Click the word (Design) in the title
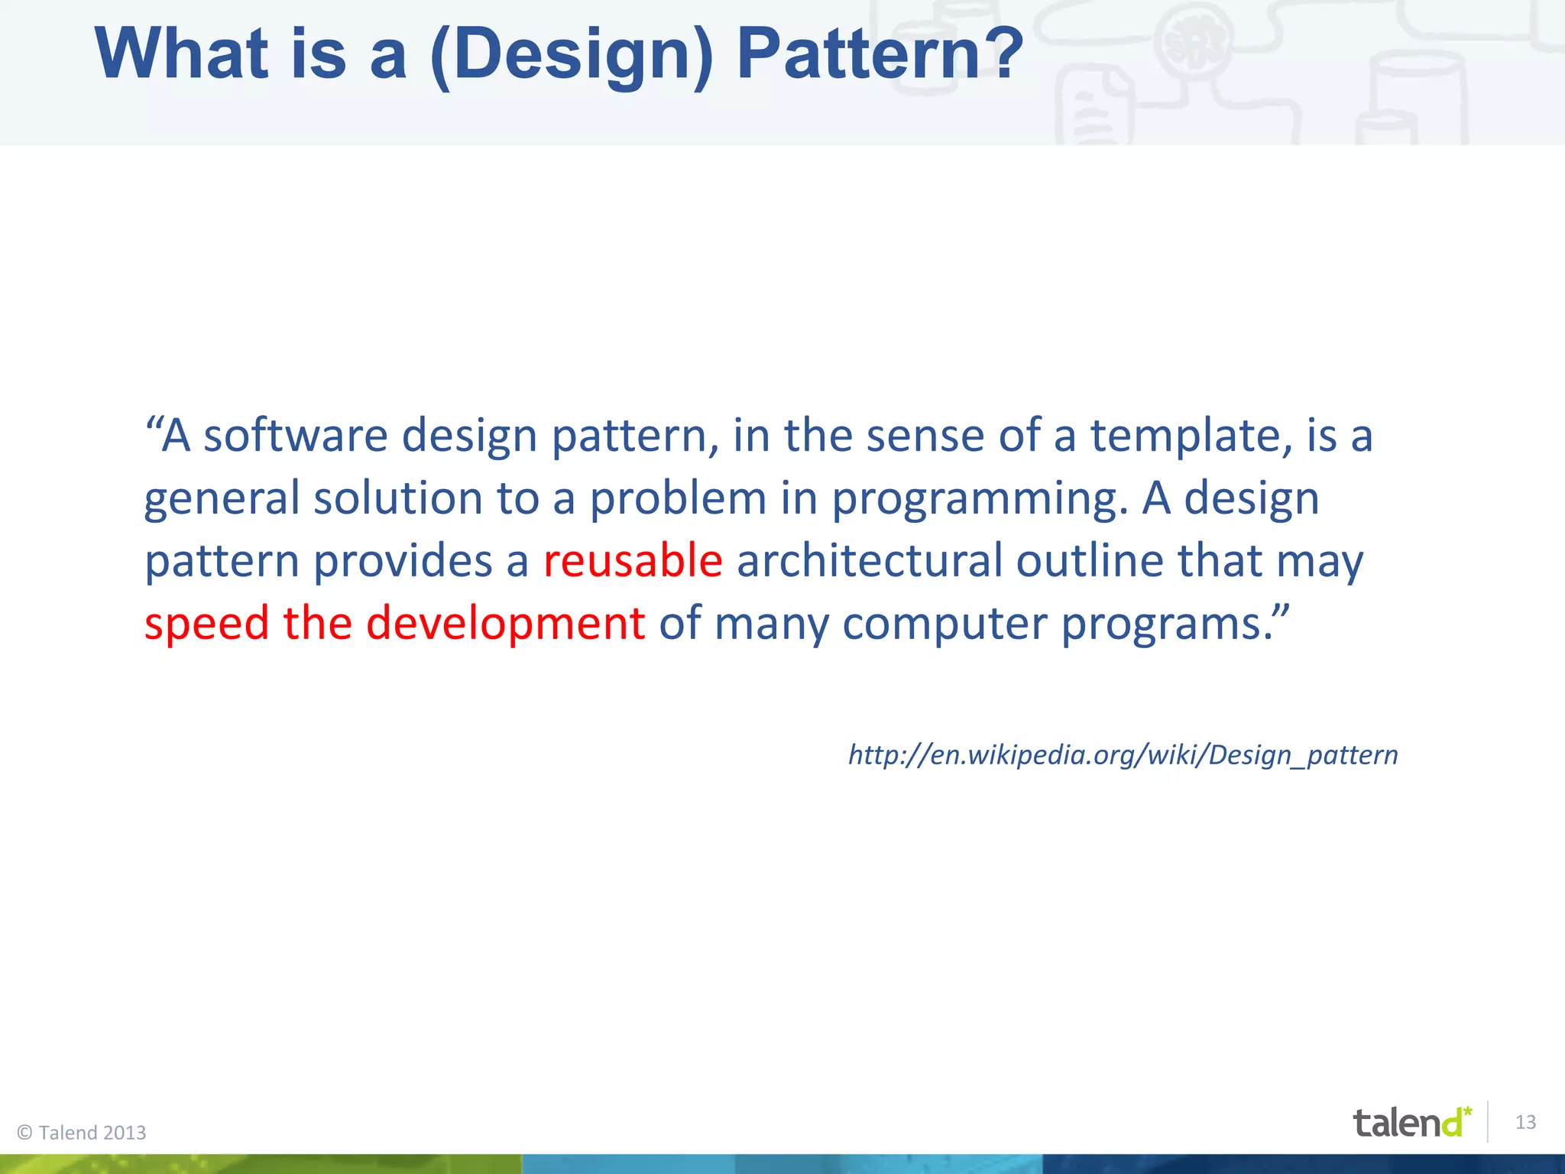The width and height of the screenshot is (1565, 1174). click(x=572, y=55)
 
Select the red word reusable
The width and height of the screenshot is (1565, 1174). click(x=633, y=560)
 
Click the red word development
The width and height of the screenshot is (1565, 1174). click(x=505, y=623)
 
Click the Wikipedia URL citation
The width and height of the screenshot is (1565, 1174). click(x=1123, y=755)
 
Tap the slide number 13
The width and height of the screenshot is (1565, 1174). click(x=1525, y=1122)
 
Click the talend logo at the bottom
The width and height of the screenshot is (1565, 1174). click(x=1410, y=1123)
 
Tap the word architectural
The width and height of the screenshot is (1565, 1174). click(x=869, y=560)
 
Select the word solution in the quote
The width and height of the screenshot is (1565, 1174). click(x=397, y=498)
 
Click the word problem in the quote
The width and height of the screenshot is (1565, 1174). click(x=678, y=498)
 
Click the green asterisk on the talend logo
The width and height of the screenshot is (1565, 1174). click(x=1467, y=1110)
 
